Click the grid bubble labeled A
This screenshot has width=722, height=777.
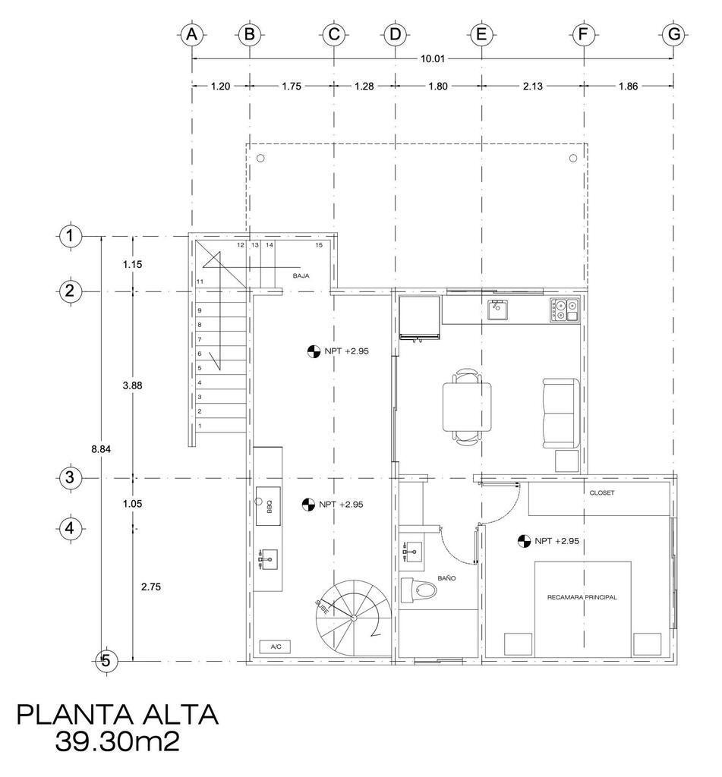pyautogui.click(x=192, y=35)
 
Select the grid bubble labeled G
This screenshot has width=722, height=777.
pyautogui.click(x=673, y=35)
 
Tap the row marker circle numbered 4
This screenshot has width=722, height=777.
pyautogui.click(x=70, y=529)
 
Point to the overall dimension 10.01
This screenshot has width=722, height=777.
pyautogui.click(x=433, y=58)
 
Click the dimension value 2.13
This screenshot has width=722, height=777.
pyautogui.click(x=532, y=87)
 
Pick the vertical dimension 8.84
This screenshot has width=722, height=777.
pyautogui.click(x=101, y=449)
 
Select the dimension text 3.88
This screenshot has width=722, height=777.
pyautogui.click(x=132, y=385)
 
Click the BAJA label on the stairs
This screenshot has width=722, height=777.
pyautogui.click(x=301, y=276)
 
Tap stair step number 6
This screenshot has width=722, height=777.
pyautogui.click(x=200, y=354)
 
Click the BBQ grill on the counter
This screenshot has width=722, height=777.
pyautogui.click(x=268, y=506)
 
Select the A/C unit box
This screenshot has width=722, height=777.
pyautogui.click(x=276, y=646)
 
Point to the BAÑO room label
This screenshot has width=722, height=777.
pyautogui.click(x=446, y=577)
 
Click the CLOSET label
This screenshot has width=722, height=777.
pyautogui.click(x=601, y=492)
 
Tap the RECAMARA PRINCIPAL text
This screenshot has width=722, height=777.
pyautogui.click(x=582, y=597)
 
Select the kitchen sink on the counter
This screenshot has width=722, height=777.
pyautogui.click(x=497, y=310)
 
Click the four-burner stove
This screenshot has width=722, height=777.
pyautogui.click(x=564, y=310)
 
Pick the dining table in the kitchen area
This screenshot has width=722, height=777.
pyautogui.click(x=468, y=407)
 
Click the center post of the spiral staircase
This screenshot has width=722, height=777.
pyautogui.click(x=353, y=618)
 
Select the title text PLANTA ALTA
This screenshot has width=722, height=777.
pyautogui.click(x=118, y=715)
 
